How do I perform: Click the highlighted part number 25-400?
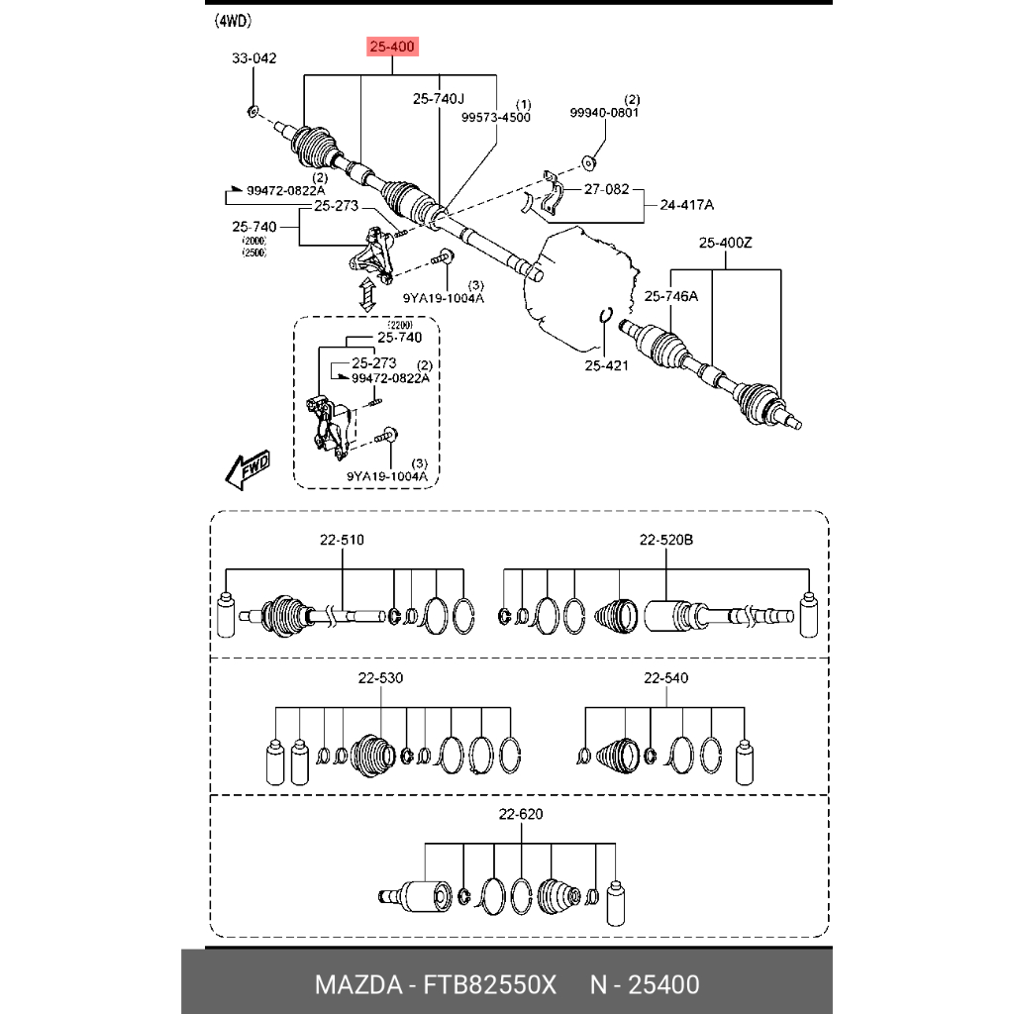[x=393, y=47]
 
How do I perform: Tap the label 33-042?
[x=254, y=58]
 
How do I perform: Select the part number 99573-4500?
[x=496, y=117]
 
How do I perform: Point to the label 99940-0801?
[x=604, y=113]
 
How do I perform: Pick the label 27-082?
[x=606, y=188]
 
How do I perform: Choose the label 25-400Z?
[x=726, y=243]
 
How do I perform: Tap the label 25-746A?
[x=671, y=295]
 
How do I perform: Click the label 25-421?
[x=607, y=366]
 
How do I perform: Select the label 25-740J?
[x=439, y=99]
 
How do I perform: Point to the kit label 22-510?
[x=342, y=541]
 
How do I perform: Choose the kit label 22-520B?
[x=665, y=541]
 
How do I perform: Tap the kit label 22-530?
[x=381, y=678]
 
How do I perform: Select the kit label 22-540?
[x=665, y=678]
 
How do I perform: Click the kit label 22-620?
[x=521, y=814]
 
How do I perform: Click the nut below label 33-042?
[x=252, y=109]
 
